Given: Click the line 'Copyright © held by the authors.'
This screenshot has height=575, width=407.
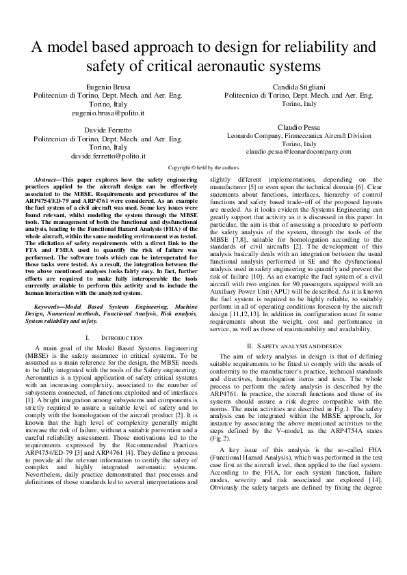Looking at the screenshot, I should coord(203,167).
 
